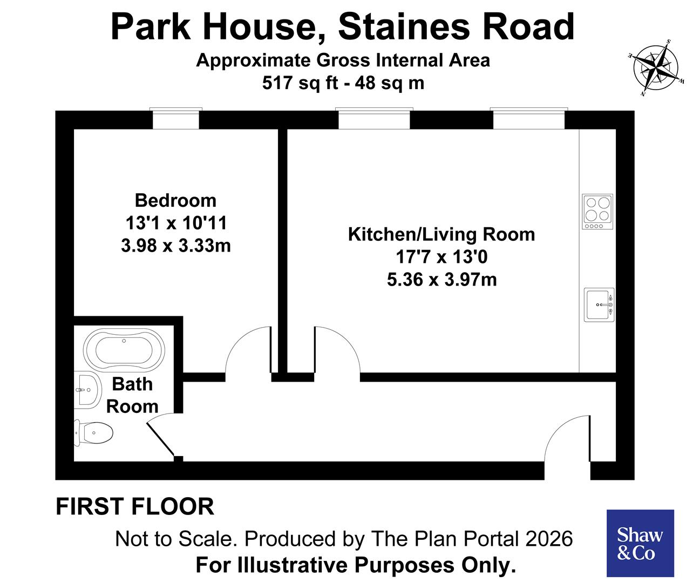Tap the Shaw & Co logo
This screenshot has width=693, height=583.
click(640, 543)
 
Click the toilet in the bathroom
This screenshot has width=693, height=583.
click(94, 432)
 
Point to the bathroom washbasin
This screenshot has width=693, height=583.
click(87, 390)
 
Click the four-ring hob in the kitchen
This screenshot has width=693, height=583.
click(597, 212)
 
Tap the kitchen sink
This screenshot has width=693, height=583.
click(599, 305)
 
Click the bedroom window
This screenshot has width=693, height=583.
click(176, 119)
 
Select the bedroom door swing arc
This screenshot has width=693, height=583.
click(247, 350)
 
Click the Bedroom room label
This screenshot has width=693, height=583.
click(175, 200)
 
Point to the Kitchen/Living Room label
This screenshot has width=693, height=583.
click(441, 234)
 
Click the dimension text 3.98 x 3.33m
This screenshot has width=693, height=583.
click(176, 246)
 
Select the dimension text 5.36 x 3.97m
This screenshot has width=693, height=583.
click(441, 280)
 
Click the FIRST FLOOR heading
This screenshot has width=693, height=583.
click(135, 507)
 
